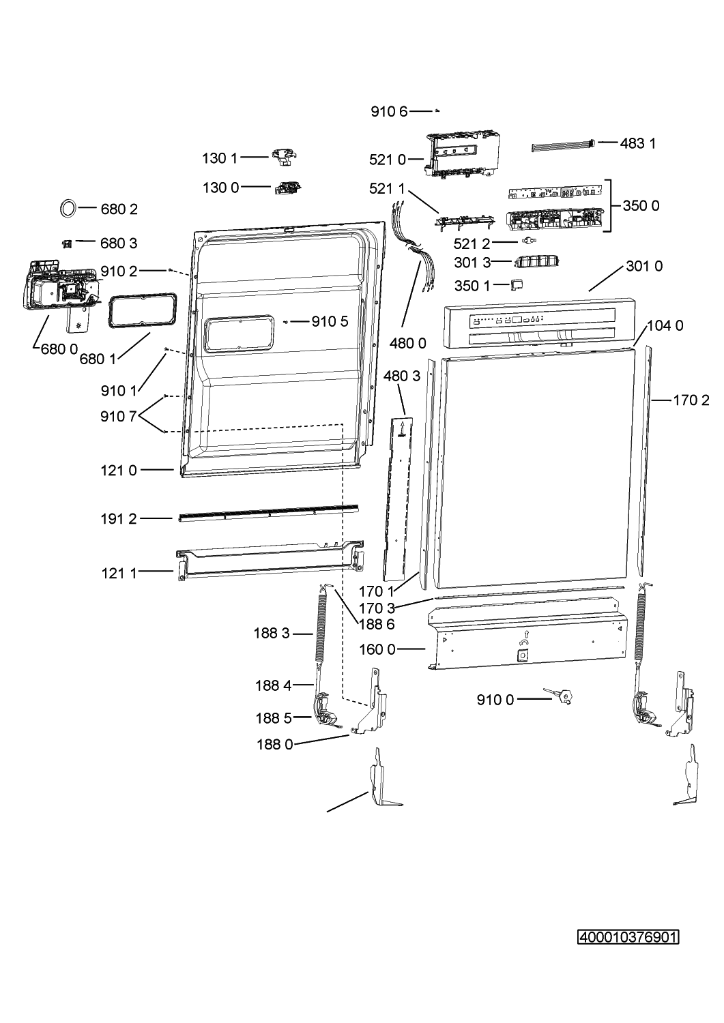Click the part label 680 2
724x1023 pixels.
click(119, 209)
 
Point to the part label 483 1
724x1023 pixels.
click(637, 143)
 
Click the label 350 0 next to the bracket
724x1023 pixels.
click(641, 206)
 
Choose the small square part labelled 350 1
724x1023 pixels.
click(517, 284)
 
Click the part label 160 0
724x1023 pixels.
click(377, 649)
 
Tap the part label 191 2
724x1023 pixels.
click(119, 519)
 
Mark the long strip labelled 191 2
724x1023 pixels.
click(269, 513)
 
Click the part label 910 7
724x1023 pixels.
click(119, 417)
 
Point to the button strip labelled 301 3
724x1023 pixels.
click(537, 262)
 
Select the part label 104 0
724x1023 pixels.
click(665, 325)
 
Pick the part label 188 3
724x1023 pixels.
click(272, 634)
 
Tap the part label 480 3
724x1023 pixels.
click(402, 376)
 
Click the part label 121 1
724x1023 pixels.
click(119, 573)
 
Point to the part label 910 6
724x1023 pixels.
click(389, 111)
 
